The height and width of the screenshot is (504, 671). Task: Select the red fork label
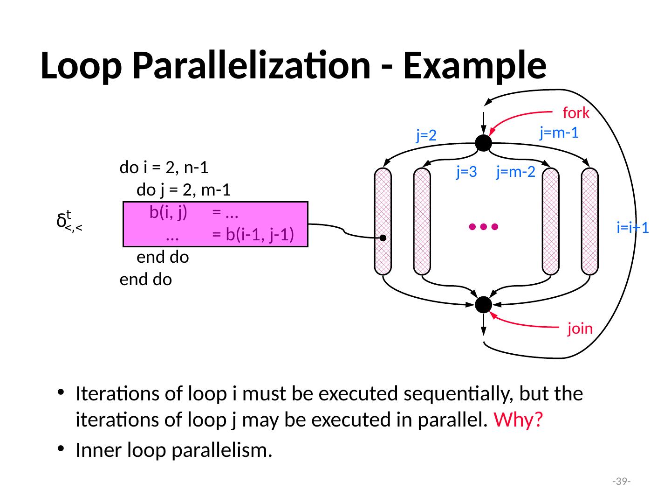point(576,113)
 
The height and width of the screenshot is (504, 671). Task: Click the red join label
point(580,329)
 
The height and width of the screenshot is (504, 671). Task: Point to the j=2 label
point(426,135)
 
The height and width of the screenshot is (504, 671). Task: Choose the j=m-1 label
point(559,133)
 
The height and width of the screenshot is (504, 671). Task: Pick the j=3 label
point(466,173)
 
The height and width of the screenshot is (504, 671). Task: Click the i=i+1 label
point(633,228)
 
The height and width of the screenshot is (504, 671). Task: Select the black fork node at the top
point(484,143)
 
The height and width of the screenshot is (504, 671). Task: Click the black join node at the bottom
point(484,305)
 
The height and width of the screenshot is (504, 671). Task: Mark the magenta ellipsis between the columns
point(484,227)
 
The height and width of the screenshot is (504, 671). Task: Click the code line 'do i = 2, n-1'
point(164,167)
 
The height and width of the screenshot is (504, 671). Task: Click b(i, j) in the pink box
point(168,213)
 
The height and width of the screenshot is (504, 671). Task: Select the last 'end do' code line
point(145,280)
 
